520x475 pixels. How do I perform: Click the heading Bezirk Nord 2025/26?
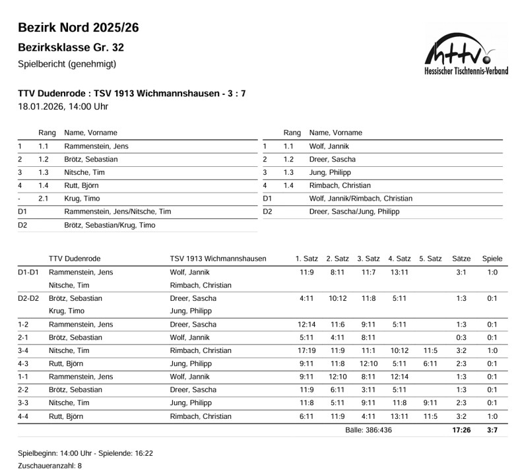(x=78, y=28)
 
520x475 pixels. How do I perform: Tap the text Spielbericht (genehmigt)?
(x=67, y=64)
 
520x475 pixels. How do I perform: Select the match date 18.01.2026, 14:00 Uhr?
(x=63, y=106)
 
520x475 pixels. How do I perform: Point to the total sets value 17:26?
(x=461, y=429)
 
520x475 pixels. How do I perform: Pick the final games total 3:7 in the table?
(x=492, y=429)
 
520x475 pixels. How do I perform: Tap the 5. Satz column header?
(x=430, y=259)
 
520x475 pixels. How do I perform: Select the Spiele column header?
(x=492, y=259)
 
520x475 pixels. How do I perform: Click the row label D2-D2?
(x=28, y=298)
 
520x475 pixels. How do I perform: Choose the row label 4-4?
(x=24, y=416)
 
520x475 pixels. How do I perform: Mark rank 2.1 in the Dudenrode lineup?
(x=44, y=198)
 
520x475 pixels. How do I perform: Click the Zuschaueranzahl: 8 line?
(x=50, y=466)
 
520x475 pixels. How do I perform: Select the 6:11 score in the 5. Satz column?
(x=430, y=364)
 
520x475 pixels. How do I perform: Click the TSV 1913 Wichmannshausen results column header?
(x=218, y=259)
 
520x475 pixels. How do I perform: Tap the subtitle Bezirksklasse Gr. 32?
(x=71, y=47)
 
